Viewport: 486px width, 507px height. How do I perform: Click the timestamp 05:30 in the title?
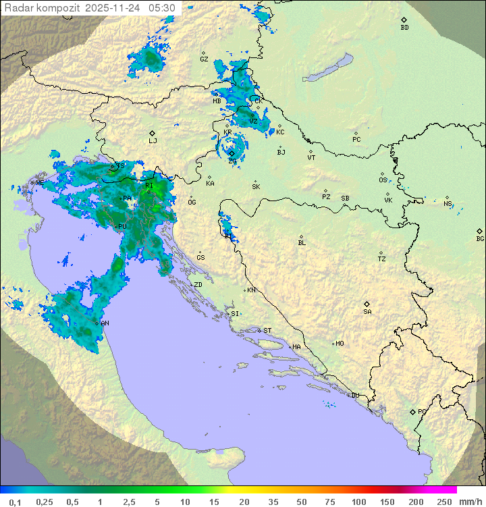tap(162, 7)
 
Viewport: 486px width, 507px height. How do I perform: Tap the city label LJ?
tap(153, 140)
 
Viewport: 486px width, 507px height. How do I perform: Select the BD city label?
tap(404, 28)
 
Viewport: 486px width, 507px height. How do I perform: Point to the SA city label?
tap(367, 311)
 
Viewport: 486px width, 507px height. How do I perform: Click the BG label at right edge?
tap(480, 238)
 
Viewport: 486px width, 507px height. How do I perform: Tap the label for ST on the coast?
tap(267, 331)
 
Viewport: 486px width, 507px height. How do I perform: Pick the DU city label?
tap(354, 396)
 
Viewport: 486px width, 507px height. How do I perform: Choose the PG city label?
tap(422, 411)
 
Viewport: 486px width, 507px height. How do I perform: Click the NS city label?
tap(448, 203)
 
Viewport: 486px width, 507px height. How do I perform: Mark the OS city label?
tap(383, 180)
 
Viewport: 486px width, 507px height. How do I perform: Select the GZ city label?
tap(204, 59)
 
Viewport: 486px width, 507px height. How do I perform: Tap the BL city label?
tap(302, 243)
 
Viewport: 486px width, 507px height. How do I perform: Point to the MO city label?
tap(340, 344)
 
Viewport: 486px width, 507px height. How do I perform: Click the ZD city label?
tap(198, 285)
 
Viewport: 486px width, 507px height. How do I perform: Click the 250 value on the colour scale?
tap(444, 502)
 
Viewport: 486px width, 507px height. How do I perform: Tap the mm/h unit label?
tap(470, 502)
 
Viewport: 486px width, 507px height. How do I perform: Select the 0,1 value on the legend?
tap(15, 502)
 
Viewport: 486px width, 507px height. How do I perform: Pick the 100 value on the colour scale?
tap(359, 502)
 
